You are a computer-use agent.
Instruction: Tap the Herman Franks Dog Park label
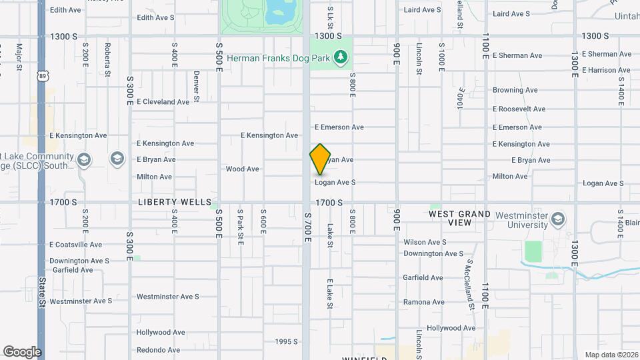tap(279, 58)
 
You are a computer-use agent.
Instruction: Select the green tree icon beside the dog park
tap(341, 57)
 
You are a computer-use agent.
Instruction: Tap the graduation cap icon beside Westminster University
tap(558, 219)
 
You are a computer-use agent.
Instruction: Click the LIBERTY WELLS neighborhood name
tap(175, 201)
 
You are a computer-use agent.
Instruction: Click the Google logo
tap(22, 351)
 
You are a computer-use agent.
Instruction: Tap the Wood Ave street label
tap(242, 169)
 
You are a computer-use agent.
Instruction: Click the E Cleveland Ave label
tap(163, 102)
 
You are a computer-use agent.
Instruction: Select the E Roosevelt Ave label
tap(519, 109)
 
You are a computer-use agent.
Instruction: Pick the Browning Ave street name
tap(515, 90)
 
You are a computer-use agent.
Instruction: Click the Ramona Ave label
tap(423, 302)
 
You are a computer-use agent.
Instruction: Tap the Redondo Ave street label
tap(158, 349)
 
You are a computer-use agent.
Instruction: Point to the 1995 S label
tap(287, 342)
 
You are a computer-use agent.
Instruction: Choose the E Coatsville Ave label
tap(75, 245)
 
